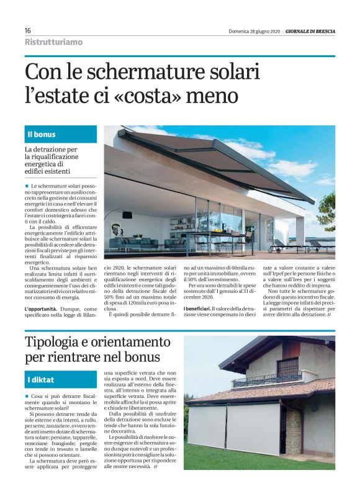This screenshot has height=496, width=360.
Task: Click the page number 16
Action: click(28, 30)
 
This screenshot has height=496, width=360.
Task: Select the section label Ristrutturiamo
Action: click(53, 42)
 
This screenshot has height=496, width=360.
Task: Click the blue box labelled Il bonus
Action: click(61, 134)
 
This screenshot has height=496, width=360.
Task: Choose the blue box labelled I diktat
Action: click(61, 379)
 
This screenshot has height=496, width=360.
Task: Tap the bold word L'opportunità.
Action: click(43, 309)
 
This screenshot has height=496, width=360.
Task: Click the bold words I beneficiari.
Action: click(196, 309)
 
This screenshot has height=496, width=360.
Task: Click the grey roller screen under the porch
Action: click(233, 428)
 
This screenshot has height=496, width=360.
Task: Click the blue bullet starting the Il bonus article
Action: click(27, 186)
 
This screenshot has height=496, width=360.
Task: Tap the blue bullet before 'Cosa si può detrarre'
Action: click(27, 395)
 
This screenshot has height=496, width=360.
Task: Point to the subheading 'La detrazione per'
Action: click(51, 150)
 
